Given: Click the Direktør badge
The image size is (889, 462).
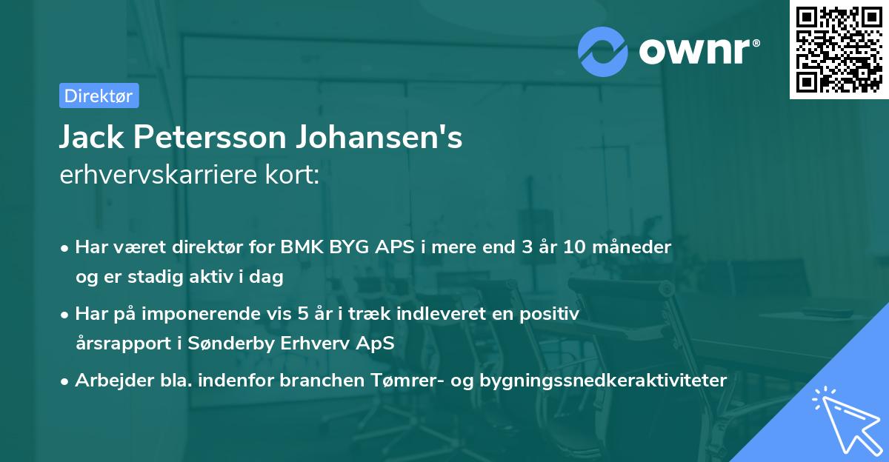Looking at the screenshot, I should coord(99,96).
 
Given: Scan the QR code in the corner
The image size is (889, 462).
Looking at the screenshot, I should coord(839,49).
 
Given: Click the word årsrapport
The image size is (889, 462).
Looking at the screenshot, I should coord(116,343).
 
